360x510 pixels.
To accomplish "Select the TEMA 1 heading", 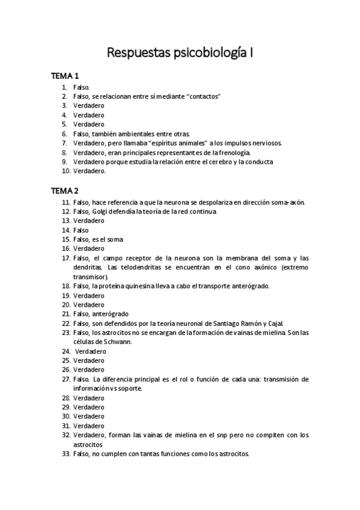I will pyautogui.click(x=65, y=76).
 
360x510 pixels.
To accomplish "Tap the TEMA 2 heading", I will pyautogui.click(x=65, y=191).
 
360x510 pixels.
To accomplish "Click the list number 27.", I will pyautogui.click(x=66, y=379).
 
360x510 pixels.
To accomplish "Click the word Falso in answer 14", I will pyautogui.click(x=81, y=230).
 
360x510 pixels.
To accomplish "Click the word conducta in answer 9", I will pyautogui.click(x=259, y=161).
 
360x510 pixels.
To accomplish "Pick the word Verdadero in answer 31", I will pyautogui.click(x=89, y=425).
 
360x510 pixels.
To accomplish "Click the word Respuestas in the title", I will pyautogui.click(x=134, y=53).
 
